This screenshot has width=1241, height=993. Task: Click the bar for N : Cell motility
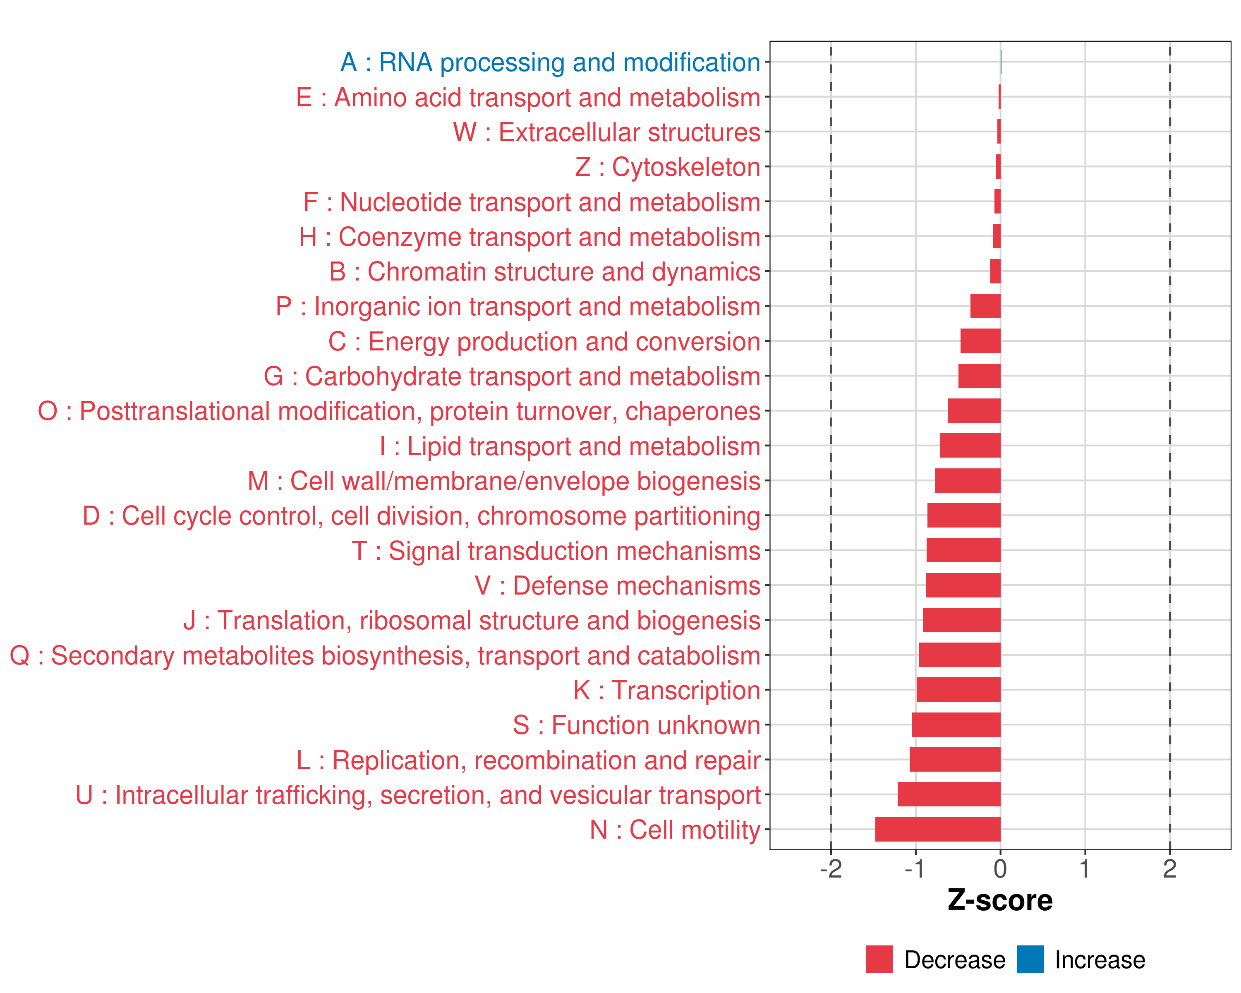coord(938,829)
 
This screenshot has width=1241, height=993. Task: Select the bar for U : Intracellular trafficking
coord(949,794)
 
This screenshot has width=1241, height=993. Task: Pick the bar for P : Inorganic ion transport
coord(985,306)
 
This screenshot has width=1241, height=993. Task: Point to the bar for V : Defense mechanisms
coord(963,585)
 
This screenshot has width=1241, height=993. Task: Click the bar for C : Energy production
coord(980,341)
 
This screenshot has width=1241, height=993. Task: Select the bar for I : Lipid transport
coord(970,446)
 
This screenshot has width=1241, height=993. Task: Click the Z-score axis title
coord(1000,900)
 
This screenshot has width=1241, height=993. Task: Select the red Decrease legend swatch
coord(879,959)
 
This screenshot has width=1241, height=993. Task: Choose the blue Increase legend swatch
coord(1030,959)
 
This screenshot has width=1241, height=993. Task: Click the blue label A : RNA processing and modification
coord(550,62)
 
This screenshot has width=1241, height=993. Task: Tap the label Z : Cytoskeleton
coord(668,167)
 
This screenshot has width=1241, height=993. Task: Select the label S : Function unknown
coord(637,725)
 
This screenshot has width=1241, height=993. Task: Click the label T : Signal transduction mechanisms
coord(556,550)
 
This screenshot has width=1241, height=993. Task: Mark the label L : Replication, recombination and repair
coord(528,760)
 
